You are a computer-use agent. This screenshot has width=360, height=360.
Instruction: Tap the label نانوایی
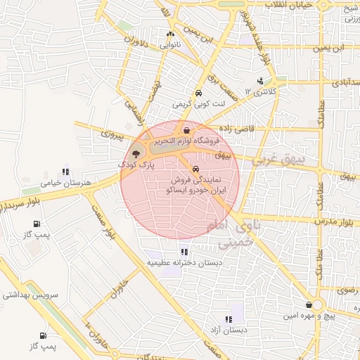pyautogui.click(x=171, y=44)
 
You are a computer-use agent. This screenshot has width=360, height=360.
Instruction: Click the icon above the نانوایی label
pyautogui.click(x=171, y=34)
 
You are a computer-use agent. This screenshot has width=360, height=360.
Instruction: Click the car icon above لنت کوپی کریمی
pyautogui.click(x=199, y=93)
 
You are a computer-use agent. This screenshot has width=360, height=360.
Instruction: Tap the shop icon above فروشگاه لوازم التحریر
pyautogui.click(x=186, y=130)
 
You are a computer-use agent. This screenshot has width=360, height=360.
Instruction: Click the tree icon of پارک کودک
pyautogui.click(x=136, y=153)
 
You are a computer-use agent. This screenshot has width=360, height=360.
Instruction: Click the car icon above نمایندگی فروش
pyautogui.click(x=195, y=169)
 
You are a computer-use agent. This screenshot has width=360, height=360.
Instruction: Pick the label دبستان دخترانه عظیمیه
pyautogui.click(x=184, y=262)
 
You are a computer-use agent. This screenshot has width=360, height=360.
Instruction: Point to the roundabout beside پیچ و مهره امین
pyautogui.click(x=318, y=304)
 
